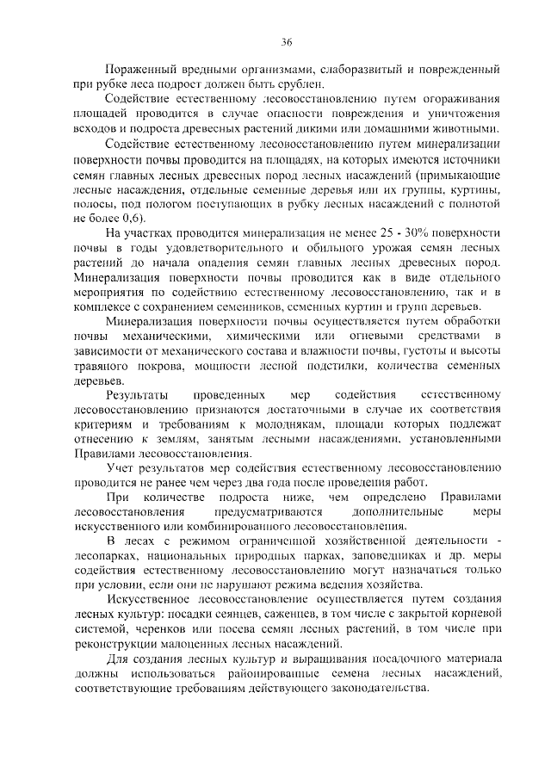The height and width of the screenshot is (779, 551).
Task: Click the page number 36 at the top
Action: (x=288, y=42)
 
